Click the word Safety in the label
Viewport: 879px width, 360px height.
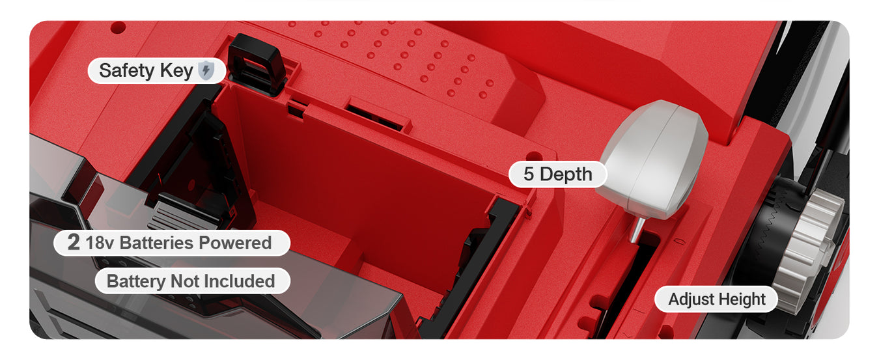tap(127, 70)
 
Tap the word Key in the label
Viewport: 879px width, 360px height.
tap(176, 72)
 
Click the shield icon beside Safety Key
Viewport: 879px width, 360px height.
tap(206, 70)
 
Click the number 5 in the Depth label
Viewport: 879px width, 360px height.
tap(529, 174)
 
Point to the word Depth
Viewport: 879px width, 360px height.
tap(566, 174)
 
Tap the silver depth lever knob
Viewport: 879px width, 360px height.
tap(653, 159)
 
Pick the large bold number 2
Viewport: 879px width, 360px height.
tap(74, 242)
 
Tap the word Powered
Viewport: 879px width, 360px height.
tap(235, 243)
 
